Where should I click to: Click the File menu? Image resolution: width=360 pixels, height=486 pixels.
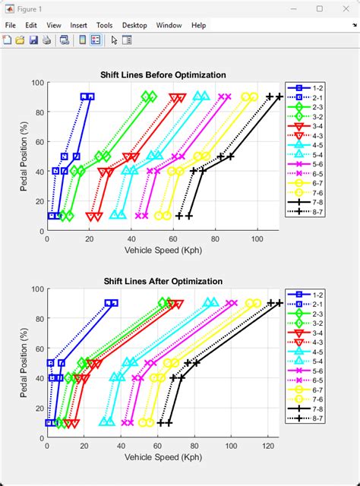point(11,25)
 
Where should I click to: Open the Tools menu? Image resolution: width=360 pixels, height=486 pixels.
point(105,25)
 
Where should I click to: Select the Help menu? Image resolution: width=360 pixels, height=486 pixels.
point(199,25)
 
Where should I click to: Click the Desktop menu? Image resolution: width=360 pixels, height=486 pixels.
point(134,25)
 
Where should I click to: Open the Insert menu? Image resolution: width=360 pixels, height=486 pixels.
point(79,25)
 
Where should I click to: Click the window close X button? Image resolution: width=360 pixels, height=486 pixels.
point(348,8)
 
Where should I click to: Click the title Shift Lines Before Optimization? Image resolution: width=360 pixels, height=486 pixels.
point(163,74)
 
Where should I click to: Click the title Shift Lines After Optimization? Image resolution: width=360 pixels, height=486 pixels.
point(163,281)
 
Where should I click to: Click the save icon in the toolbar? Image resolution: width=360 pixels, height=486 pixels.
point(33,40)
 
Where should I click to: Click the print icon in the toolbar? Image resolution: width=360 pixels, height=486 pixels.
point(46,40)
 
